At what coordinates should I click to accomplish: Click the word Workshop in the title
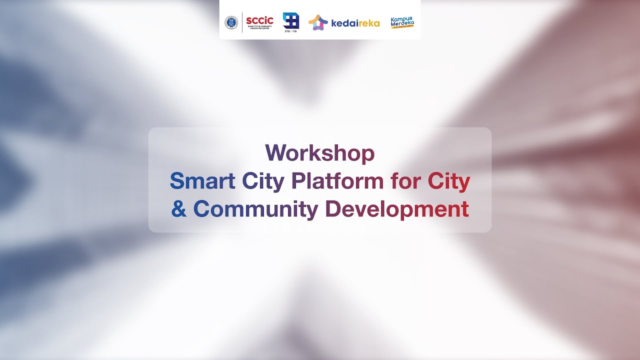(319, 153)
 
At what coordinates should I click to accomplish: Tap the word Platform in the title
(337, 181)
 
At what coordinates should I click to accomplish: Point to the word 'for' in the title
(405, 181)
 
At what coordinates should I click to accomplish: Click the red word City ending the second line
(448, 181)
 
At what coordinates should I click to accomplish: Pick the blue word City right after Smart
(263, 181)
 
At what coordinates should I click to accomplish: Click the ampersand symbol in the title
(178, 209)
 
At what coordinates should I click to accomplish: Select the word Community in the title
(255, 209)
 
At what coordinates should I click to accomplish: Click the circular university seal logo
(231, 22)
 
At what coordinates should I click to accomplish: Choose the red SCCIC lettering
(259, 20)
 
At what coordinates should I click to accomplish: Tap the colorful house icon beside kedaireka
(318, 22)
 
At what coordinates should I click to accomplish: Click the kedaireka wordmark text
(355, 23)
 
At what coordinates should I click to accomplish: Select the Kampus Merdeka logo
(402, 22)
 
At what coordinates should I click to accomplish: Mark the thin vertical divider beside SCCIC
(242, 22)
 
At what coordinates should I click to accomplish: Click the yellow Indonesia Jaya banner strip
(402, 27)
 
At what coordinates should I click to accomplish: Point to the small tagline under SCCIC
(259, 27)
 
